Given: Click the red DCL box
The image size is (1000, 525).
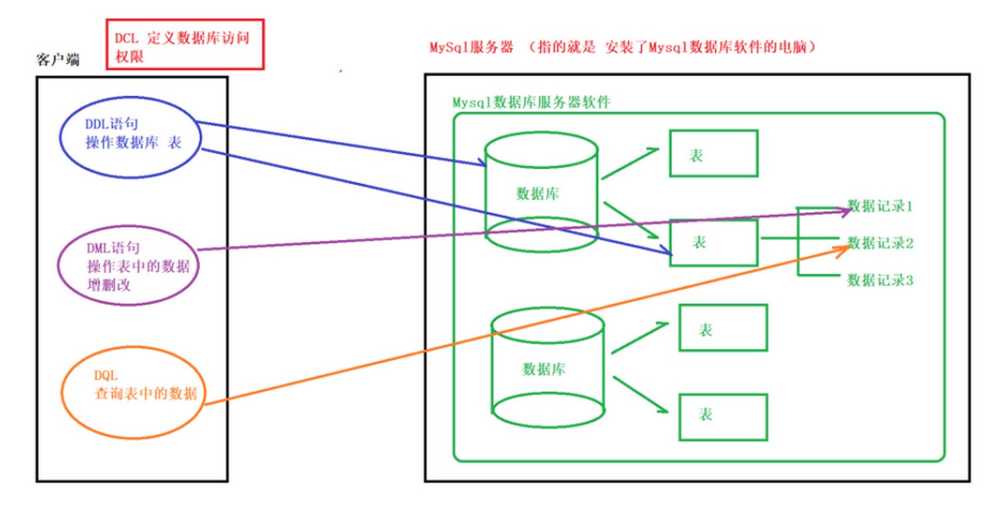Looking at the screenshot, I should [x=185, y=44].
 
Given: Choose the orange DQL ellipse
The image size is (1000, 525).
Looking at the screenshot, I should [x=134, y=386].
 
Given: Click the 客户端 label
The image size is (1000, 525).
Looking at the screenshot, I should [x=57, y=60].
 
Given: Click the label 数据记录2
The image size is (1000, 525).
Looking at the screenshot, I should [x=879, y=243].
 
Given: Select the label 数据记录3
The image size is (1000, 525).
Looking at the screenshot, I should [x=879, y=280].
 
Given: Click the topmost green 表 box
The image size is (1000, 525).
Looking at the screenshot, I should [x=713, y=153].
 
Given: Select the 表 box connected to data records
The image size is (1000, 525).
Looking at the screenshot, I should [x=713, y=243].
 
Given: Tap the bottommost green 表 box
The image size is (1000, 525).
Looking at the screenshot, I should [x=723, y=416].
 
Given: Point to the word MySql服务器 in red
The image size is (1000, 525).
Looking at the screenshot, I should [x=471, y=49].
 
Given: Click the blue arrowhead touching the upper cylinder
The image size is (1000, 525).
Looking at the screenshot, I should [x=481, y=163].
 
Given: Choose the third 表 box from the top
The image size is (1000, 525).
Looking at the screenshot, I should [x=723, y=327].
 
